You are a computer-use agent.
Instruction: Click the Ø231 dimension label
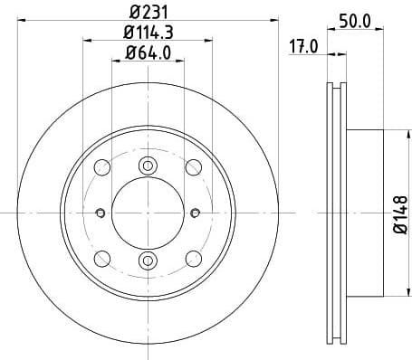click(148, 13)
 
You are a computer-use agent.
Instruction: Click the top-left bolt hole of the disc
click(102, 167)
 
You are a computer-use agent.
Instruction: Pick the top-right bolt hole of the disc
click(193, 167)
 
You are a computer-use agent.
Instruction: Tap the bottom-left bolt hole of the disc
click(102, 258)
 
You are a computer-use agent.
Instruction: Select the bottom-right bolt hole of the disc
click(193, 258)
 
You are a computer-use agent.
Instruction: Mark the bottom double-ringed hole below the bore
click(148, 261)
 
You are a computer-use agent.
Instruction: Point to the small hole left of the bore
click(100, 213)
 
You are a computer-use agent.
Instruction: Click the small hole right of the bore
click(196, 213)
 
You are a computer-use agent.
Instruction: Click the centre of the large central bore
click(148, 213)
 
